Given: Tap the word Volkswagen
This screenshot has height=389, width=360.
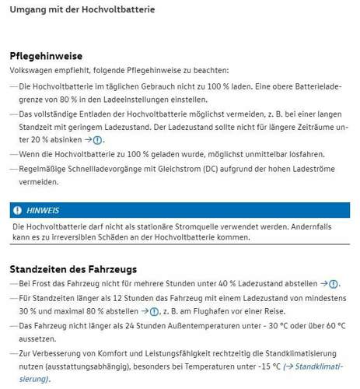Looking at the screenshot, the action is point(32,70).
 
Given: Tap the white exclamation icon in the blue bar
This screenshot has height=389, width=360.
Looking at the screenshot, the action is point(17,210).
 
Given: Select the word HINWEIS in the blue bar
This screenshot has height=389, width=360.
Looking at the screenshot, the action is point(43,210).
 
